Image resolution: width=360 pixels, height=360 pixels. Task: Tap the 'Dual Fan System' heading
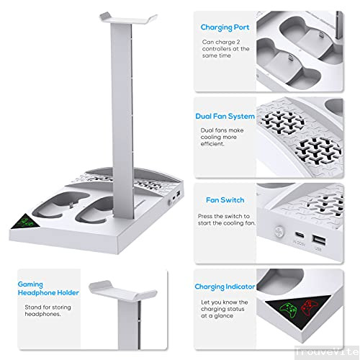(x=224, y=116)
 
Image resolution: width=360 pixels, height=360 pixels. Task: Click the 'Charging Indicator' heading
(x=225, y=287)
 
